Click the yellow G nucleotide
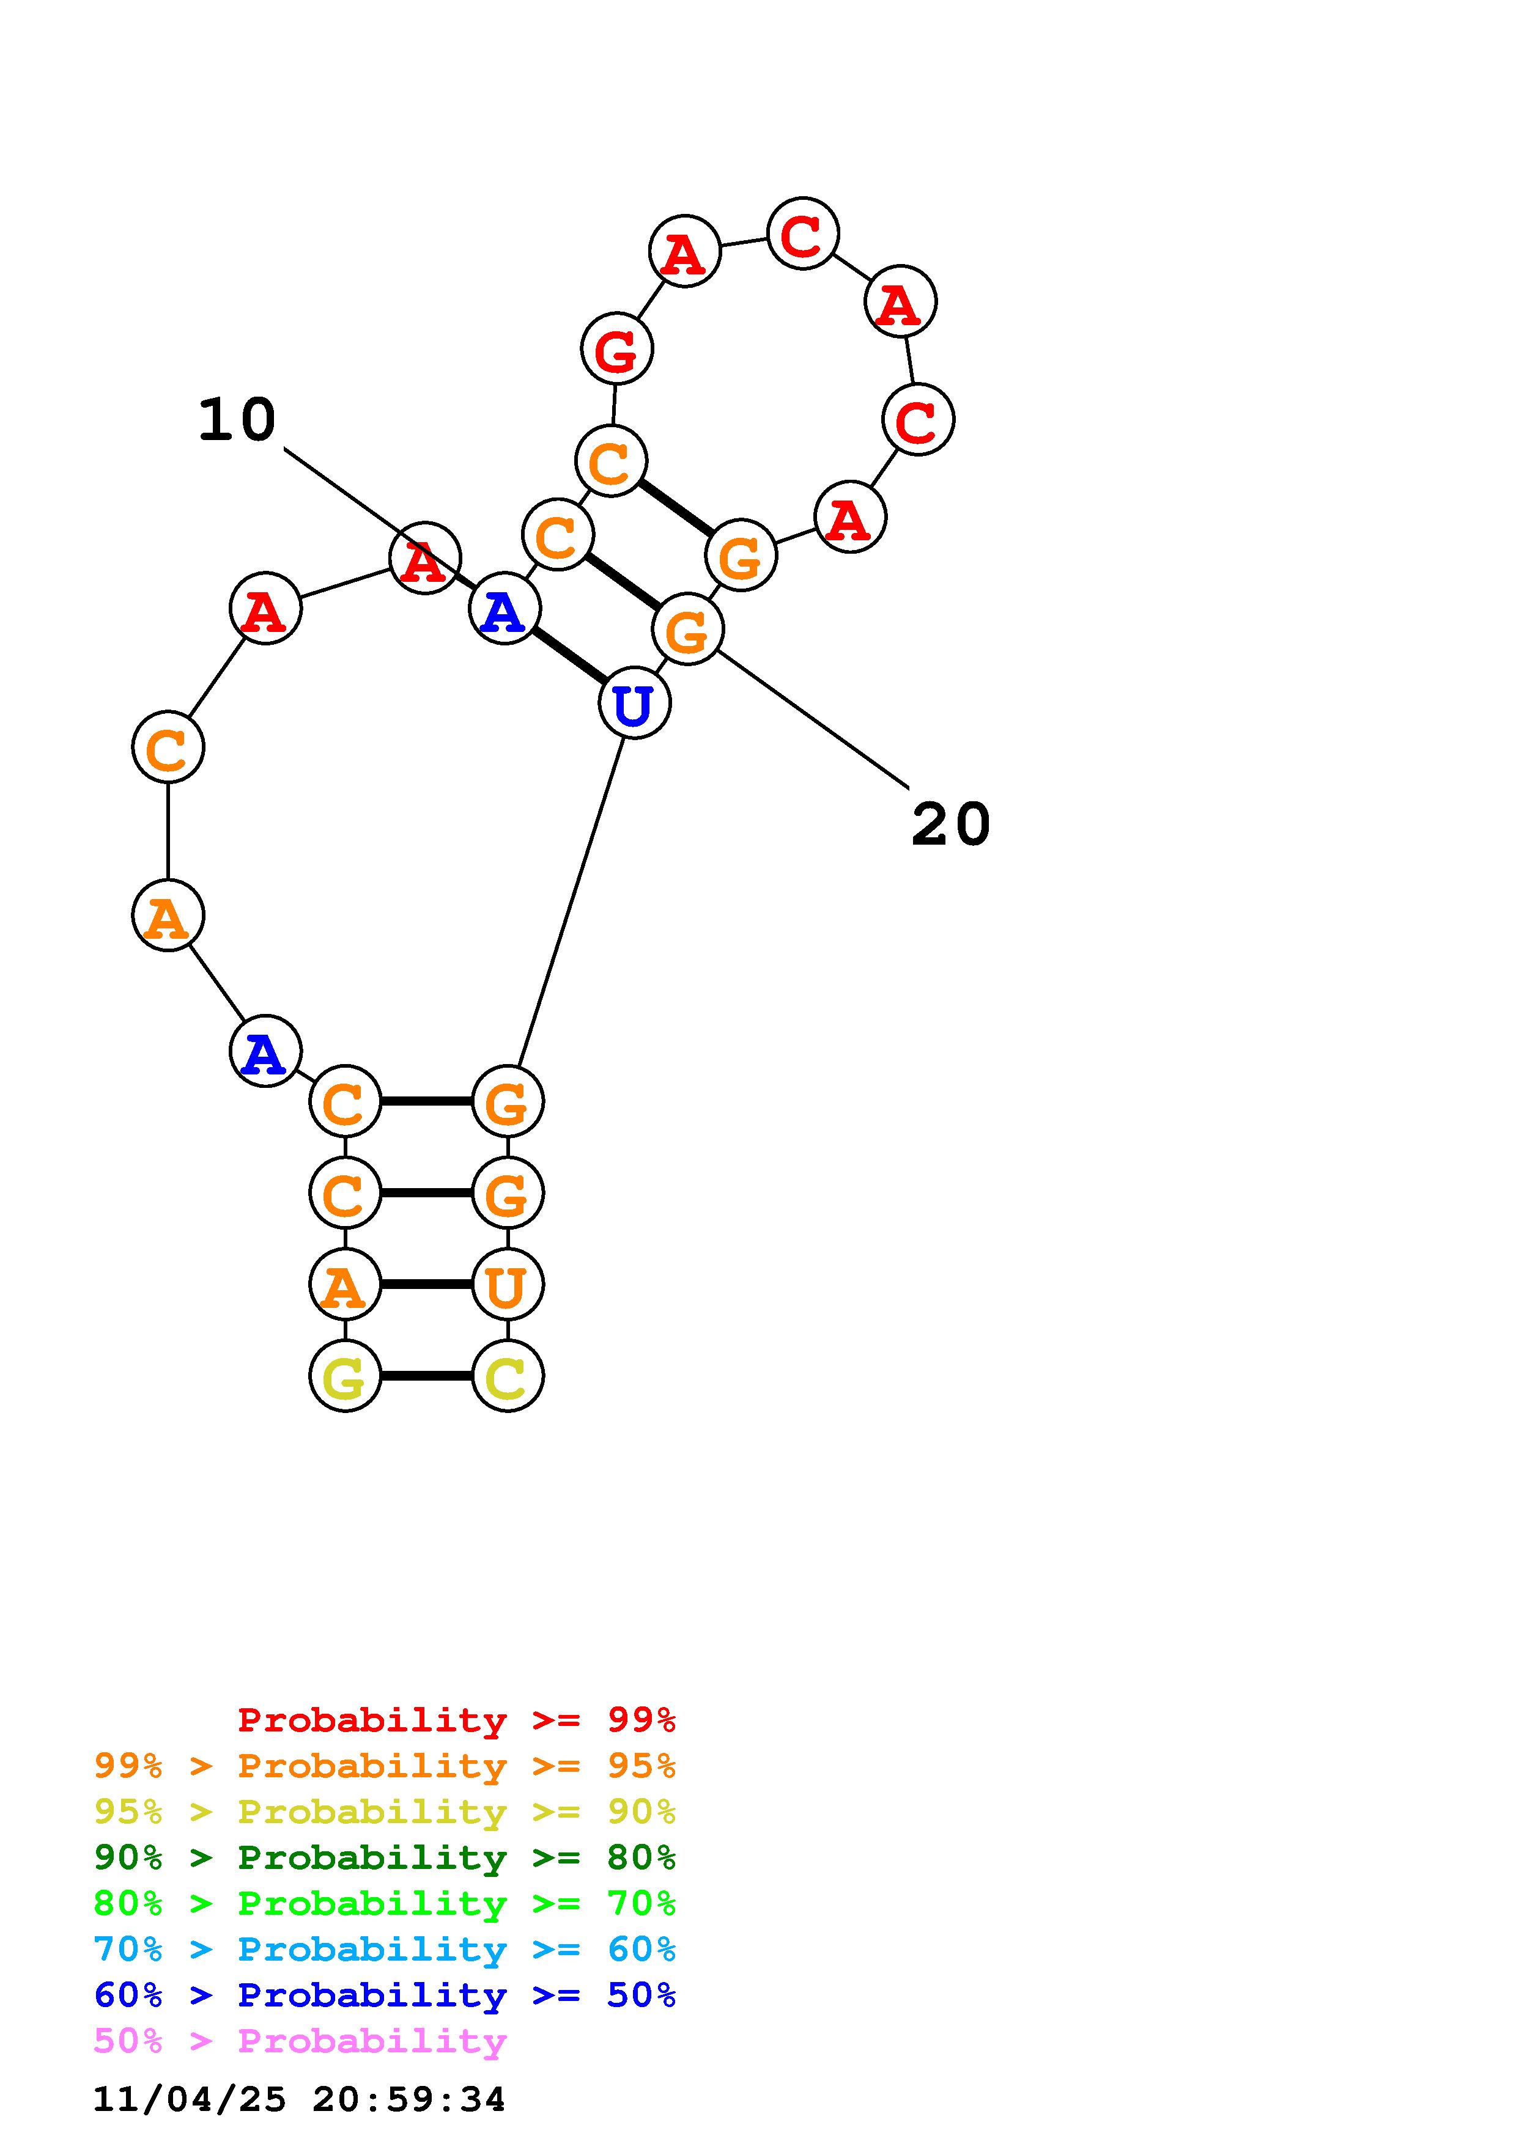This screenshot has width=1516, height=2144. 345,1376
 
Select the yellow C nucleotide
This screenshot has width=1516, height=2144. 507,1376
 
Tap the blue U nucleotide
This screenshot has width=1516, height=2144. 634,702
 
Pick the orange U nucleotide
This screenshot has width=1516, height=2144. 507,1284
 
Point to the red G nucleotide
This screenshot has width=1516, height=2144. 616,348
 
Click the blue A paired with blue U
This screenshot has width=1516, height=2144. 505,609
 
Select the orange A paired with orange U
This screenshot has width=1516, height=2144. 345,1284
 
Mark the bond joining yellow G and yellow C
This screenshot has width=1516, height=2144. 426,1376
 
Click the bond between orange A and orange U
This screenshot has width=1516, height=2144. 426,1284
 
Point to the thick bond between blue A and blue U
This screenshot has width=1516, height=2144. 569,656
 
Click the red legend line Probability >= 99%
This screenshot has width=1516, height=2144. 457,1719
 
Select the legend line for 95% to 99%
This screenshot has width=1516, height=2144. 385,1766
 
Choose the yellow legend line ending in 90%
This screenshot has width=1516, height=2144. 385,1812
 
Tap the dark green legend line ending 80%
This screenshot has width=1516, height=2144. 385,1857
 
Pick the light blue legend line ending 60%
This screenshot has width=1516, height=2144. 385,1949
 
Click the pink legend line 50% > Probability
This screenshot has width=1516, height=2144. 300,2040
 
